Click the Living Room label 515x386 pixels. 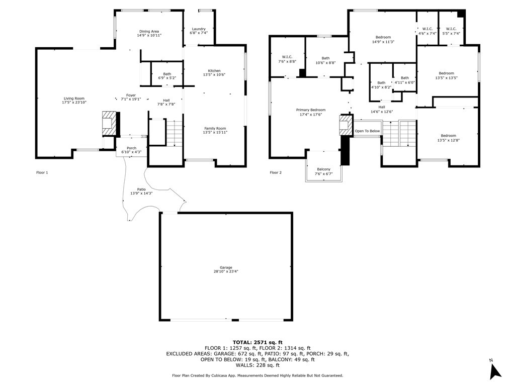(74, 99)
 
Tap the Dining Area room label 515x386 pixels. (149, 32)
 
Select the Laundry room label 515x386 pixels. (199, 29)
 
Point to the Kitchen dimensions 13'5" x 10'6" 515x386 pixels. (214, 75)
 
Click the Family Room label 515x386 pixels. (215, 129)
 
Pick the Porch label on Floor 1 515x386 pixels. (131, 148)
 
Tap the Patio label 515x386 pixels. (141, 189)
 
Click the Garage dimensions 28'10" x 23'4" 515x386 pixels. (226, 271)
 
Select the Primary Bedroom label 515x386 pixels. (311, 110)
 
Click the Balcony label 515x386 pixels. (324, 169)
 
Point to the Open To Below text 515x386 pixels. (367, 131)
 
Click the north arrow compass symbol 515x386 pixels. (495, 370)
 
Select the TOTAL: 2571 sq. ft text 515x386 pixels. (257, 342)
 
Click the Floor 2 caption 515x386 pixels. (276, 173)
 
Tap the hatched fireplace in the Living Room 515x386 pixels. (109, 124)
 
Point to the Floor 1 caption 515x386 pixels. (42, 173)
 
